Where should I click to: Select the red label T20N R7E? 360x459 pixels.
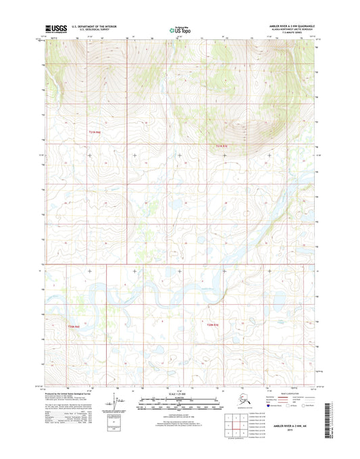(x=213, y=327)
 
